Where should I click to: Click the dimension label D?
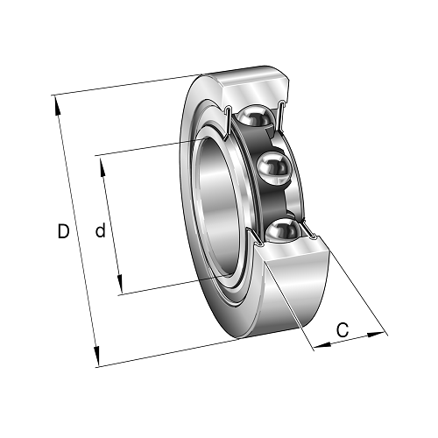pos(63,231)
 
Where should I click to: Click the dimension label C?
pos(343,329)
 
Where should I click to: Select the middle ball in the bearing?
pos(275,167)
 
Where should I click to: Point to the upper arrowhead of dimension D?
pos(57,105)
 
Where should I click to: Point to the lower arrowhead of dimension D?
pos(96,357)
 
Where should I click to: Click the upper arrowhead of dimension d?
pos(102,166)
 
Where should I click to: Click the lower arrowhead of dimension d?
pos(120,284)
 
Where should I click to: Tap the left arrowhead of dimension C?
pos(322,345)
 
